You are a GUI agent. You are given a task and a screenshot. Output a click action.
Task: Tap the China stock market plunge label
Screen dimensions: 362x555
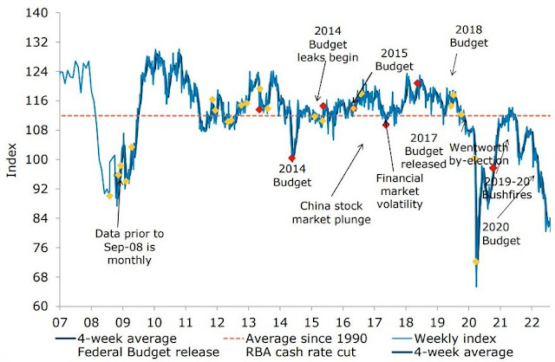[x=335, y=212]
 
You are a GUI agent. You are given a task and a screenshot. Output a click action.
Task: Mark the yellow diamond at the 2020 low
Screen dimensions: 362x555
[x=475, y=261]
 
